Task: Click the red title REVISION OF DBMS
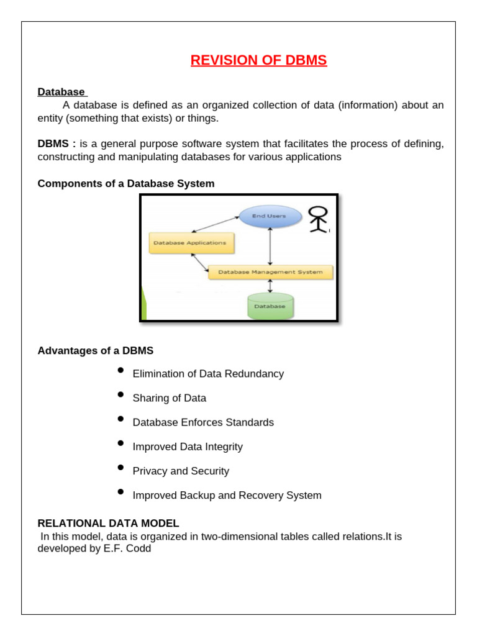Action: coord(258,60)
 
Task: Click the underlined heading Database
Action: coord(61,92)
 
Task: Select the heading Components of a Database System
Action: coord(126,184)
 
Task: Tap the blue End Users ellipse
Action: coord(269,216)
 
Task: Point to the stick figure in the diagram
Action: coord(319,219)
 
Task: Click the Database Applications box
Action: coord(192,243)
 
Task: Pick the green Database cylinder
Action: coord(270,306)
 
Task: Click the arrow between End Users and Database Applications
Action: coord(215,224)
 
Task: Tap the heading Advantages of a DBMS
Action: coord(96,351)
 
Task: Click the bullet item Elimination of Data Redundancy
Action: coord(208,374)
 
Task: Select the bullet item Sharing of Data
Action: coord(170,398)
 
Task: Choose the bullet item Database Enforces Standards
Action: coord(203,422)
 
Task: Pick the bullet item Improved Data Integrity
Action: coord(188,447)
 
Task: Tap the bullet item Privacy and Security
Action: coord(181,471)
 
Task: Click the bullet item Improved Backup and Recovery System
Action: coord(227,496)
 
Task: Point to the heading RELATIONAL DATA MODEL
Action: coord(108,524)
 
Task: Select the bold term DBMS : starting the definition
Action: coord(57,144)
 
